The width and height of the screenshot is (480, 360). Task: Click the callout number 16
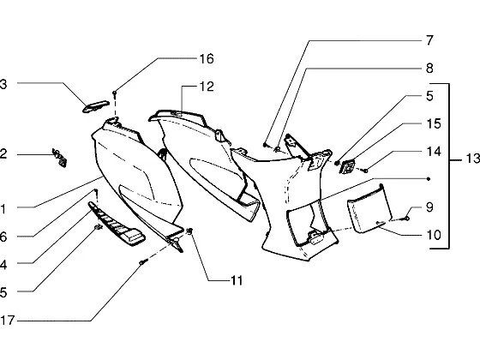[207, 59]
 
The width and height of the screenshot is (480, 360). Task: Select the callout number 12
[207, 87]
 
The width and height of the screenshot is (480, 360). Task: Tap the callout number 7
[429, 40]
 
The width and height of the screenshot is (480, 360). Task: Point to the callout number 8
[429, 69]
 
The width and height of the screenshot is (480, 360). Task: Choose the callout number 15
[434, 123]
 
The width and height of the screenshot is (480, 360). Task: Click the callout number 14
[434, 152]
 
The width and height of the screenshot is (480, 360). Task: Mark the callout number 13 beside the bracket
[472, 159]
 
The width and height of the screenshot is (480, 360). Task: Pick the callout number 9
[429, 207]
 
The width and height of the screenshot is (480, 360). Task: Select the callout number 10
[434, 235]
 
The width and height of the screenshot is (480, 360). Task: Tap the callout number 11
[237, 280]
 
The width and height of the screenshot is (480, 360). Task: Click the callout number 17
[8, 321]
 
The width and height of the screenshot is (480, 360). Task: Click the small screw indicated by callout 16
[115, 93]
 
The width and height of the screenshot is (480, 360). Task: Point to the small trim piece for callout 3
[95, 106]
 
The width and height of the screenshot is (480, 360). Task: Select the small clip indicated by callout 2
[59, 158]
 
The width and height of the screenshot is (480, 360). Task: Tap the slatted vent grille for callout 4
[117, 224]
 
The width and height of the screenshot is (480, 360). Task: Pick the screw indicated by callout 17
[144, 261]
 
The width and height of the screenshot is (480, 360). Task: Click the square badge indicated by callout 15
[347, 167]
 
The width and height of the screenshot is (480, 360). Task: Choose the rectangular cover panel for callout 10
[369, 209]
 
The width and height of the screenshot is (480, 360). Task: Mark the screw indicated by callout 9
[405, 219]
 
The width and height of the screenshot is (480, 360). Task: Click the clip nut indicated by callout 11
[189, 231]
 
